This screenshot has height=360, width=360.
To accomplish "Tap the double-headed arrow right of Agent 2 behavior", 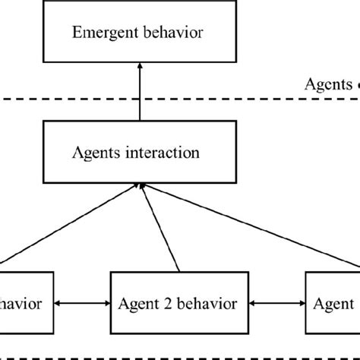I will point(278,304).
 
